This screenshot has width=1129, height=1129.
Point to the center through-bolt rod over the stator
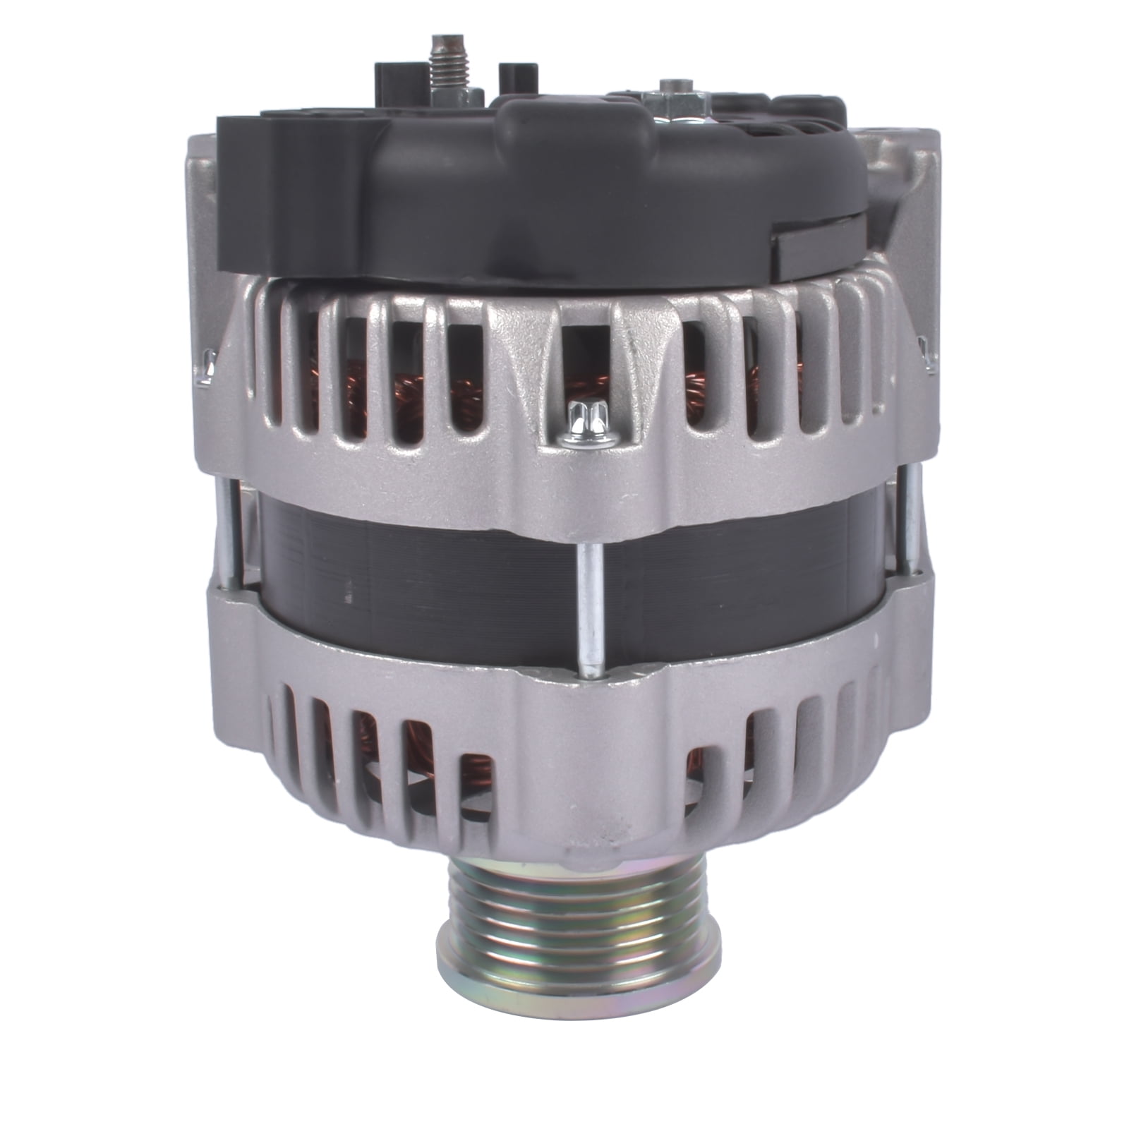[x=589, y=600]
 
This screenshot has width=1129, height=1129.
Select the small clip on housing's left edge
[x=207, y=367]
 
